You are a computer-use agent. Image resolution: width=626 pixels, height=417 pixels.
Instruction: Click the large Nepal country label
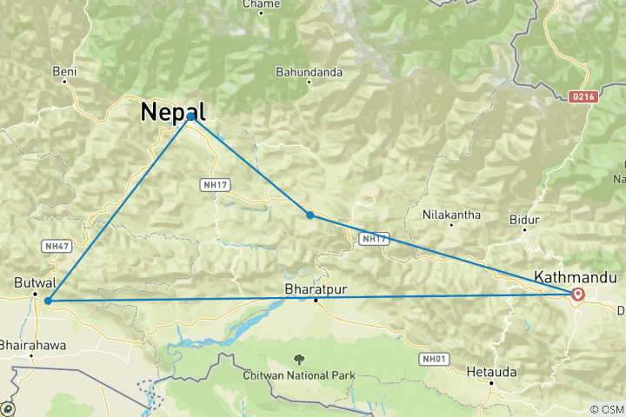(174, 112)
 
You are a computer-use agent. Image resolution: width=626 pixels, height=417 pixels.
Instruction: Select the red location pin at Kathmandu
(577, 295)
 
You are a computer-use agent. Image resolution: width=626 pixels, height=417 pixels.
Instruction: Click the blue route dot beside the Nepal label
(190, 116)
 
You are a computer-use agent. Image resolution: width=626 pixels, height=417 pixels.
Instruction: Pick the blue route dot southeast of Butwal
(49, 301)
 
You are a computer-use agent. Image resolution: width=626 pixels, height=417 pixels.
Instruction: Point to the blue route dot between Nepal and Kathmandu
(310, 215)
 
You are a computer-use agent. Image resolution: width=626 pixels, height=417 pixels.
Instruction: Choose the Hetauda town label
(491, 371)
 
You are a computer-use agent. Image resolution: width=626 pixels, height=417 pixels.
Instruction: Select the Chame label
(261, 4)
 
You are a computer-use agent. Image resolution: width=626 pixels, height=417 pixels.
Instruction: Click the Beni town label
(65, 71)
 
